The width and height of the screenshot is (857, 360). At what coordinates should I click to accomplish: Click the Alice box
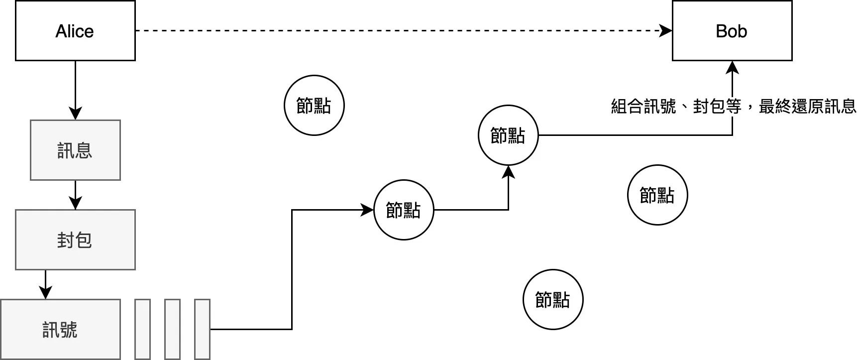tap(75, 31)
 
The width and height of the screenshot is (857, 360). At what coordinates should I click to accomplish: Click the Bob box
tap(732, 31)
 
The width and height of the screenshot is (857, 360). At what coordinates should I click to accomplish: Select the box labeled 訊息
tap(75, 150)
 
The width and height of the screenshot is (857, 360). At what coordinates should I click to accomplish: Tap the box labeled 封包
tap(75, 240)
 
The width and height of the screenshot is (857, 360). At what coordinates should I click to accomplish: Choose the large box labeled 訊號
tap(60, 329)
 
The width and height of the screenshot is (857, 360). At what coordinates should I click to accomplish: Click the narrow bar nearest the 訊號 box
tap(142, 329)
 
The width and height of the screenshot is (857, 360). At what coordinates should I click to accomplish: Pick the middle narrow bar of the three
tap(172, 329)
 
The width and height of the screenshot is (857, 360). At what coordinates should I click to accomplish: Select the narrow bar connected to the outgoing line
tap(202, 329)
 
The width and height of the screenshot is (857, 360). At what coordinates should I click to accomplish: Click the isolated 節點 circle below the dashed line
tap(314, 105)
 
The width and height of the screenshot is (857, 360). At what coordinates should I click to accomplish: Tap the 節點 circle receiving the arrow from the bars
tap(404, 210)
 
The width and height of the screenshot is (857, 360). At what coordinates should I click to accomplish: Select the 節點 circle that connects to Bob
tap(508, 135)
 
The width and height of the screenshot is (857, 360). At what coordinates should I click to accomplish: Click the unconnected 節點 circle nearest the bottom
tap(553, 299)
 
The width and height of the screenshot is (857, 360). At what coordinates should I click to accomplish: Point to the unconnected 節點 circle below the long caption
tap(657, 195)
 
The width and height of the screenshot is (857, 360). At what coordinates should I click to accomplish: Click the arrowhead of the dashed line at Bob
tap(665, 31)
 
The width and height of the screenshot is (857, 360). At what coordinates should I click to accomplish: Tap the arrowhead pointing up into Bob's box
tap(732, 68)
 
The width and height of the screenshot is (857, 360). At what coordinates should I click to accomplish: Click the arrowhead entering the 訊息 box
tap(75, 113)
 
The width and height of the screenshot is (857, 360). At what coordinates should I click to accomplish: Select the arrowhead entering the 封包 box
tap(75, 203)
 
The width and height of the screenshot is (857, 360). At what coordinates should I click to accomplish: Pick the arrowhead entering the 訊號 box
tap(45, 292)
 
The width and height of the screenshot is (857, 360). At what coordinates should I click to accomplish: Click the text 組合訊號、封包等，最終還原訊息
tap(733, 106)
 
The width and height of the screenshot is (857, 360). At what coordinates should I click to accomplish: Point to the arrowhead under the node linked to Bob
tap(508, 172)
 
